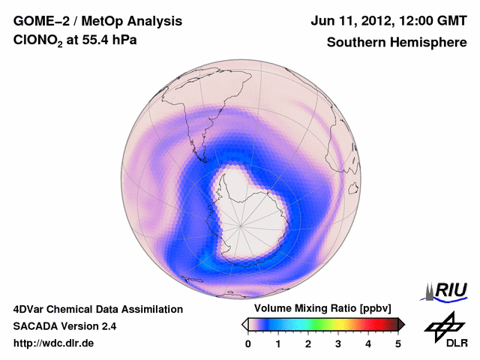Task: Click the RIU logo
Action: (447, 290)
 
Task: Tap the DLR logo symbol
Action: (442, 327)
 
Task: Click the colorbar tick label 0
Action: (248, 343)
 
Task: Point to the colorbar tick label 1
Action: (278, 343)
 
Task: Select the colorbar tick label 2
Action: (308, 343)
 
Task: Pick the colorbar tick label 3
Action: (338, 343)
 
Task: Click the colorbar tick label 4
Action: (368, 343)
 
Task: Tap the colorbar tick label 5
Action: (398, 343)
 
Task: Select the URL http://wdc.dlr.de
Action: (54, 343)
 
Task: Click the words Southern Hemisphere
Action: (397, 43)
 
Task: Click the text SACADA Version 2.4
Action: (64, 326)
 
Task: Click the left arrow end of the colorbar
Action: (245, 324)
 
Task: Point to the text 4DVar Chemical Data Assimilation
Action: (97, 309)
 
